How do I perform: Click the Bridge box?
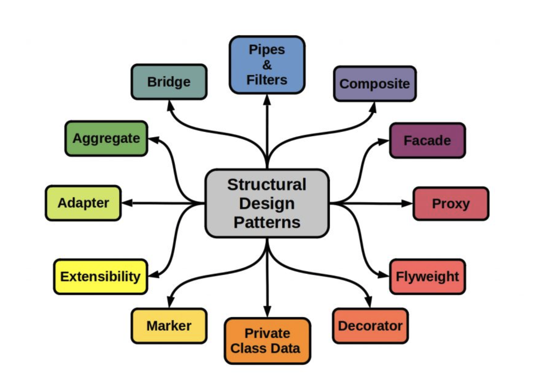tap(169, 82)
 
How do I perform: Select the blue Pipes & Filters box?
tap(267, 65)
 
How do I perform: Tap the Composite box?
tap(375, 84)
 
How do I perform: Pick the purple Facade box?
tap(427, 140)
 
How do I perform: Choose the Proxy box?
tap(451, 203)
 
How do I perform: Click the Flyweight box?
tap(427, 276)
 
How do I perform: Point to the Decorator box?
tap(370, 326)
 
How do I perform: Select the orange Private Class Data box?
tap(267, 341)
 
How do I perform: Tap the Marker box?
tap(169, 326)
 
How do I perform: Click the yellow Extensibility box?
tap(100, 276)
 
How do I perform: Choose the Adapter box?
tap(83, 203)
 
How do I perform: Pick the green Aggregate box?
tap(106, 138)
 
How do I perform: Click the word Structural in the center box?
tap(267, 185)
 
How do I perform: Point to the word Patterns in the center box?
tap(267, 223)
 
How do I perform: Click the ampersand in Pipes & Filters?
tap(267, 65)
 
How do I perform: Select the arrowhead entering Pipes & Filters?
tap(267, 100)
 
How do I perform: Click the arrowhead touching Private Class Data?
tap(267, 311)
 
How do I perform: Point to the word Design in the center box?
tap(267, 203)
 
